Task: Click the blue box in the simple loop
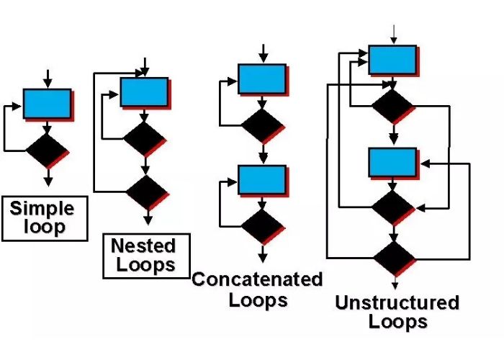pyautogui.click(x=47, y=104)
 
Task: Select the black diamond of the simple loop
pyautogui.click(x=47, y=150)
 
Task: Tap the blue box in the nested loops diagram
pyautogui.click(x=144, y=92)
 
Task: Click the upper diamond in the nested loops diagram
pyautogui.click(x=144, y=138)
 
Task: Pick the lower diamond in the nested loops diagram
pyautogui.click(x=146, y=192)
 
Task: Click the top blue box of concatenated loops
pyautogui.click(x=262, y=78)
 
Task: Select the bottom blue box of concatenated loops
pyautogui.click(x=262, y=180)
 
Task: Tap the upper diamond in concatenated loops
pyautogui.click(x=262, y=126)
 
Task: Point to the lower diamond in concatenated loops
pyautogui.click(x=262, y=226)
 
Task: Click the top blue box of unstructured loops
pyautogui.click(x=392, y=60)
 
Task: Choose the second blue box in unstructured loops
pyautogui.click(x=392, y=162)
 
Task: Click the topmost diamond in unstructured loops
pyautogui.click(x=392, y=106)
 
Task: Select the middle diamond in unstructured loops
pyautogui.click(x=392, y=208)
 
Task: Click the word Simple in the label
pyautogui.click(x=42, y=209)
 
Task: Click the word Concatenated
pyautogui.click(x=257, y=279)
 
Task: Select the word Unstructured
pyautogui.click(x=397, y=302)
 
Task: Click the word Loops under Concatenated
pyautogui.click(x=258, y=300)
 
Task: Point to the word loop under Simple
pyautogui.click(x=44, y=228)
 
